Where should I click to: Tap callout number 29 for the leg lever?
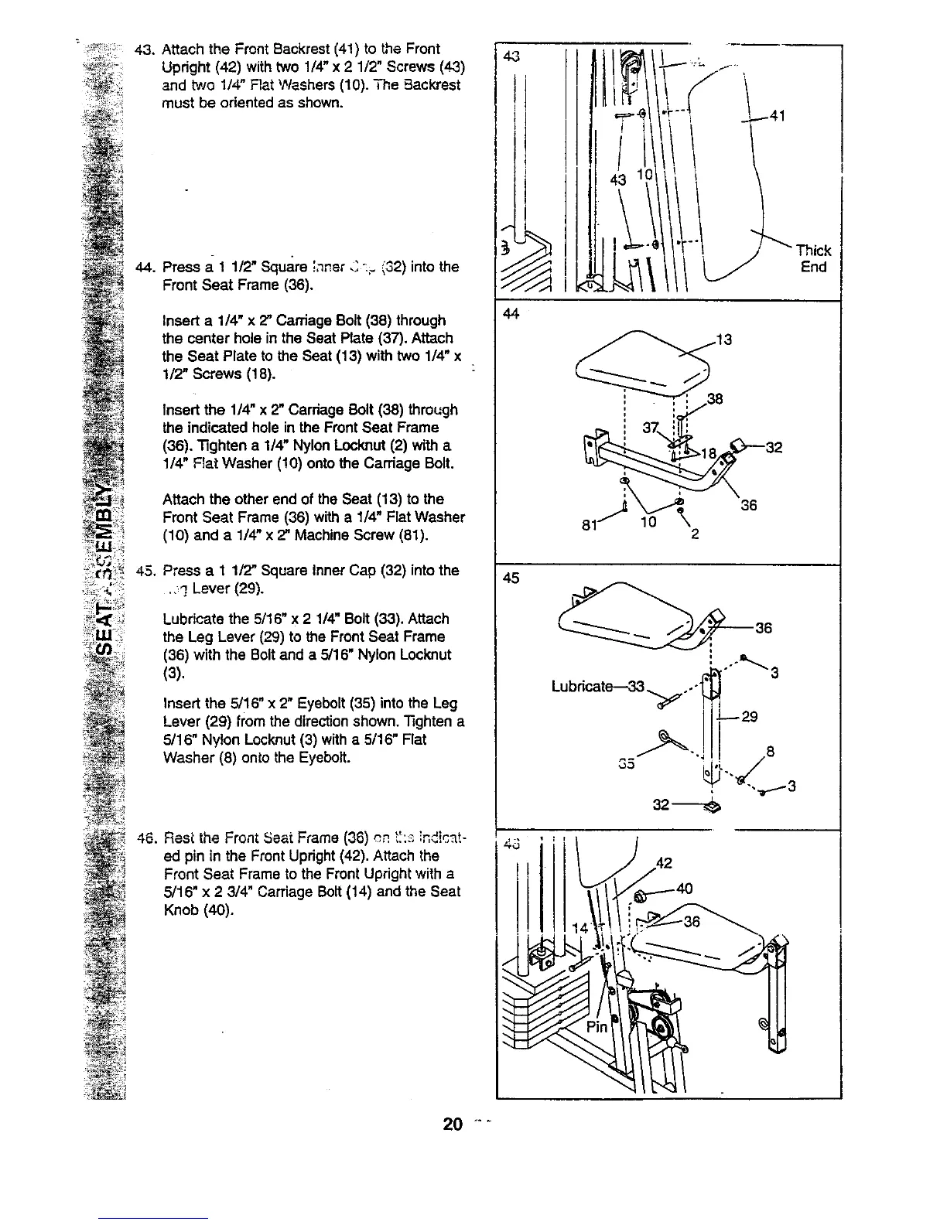(x=748, y=717)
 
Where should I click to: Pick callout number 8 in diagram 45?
(x=769, y=750)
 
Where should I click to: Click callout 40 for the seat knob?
(x=684, y=889)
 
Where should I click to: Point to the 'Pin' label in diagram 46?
(x=597, y=1027)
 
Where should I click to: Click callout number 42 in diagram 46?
(x=664, y=863)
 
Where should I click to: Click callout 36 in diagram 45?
(x=763, y=628)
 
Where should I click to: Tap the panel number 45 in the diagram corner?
(x=511, y=578)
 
